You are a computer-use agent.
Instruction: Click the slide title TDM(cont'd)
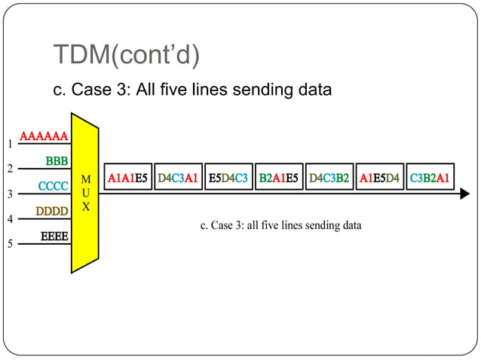click(126, 54)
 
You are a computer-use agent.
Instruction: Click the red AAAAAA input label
click(44, 136)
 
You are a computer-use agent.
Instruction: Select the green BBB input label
click(57, 160)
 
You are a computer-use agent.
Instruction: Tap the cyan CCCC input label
click(54, 185)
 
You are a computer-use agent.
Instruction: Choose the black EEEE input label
click(54, 236)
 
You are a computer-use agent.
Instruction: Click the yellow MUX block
click(85, 193)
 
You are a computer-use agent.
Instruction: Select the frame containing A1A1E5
click(127, 178)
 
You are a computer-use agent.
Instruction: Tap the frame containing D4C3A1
click(178, 178)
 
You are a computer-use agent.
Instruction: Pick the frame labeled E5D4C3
click(228, 178)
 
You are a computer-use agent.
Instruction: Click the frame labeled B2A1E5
click(279, 178)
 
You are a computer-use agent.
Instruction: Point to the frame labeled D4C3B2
click(329, 178)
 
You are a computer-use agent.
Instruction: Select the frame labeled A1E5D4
click(380, 178)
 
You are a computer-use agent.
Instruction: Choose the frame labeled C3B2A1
click(430, 178)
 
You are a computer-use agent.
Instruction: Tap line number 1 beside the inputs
click(10, 143)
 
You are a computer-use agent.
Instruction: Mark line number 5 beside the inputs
click(10, 244)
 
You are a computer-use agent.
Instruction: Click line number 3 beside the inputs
click(10, 194)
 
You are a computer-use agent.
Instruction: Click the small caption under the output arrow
click(280, 225)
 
